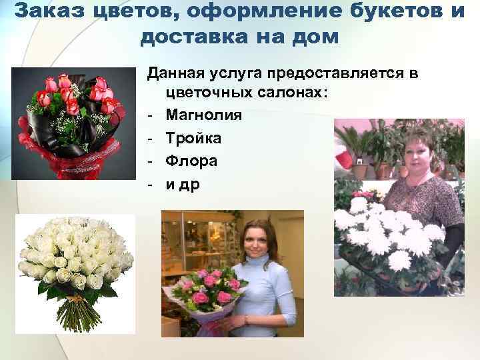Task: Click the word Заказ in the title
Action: point(46,12)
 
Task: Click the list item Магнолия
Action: point(204,115)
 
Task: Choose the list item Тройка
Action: point(194,138)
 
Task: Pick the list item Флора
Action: point(191,161)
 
